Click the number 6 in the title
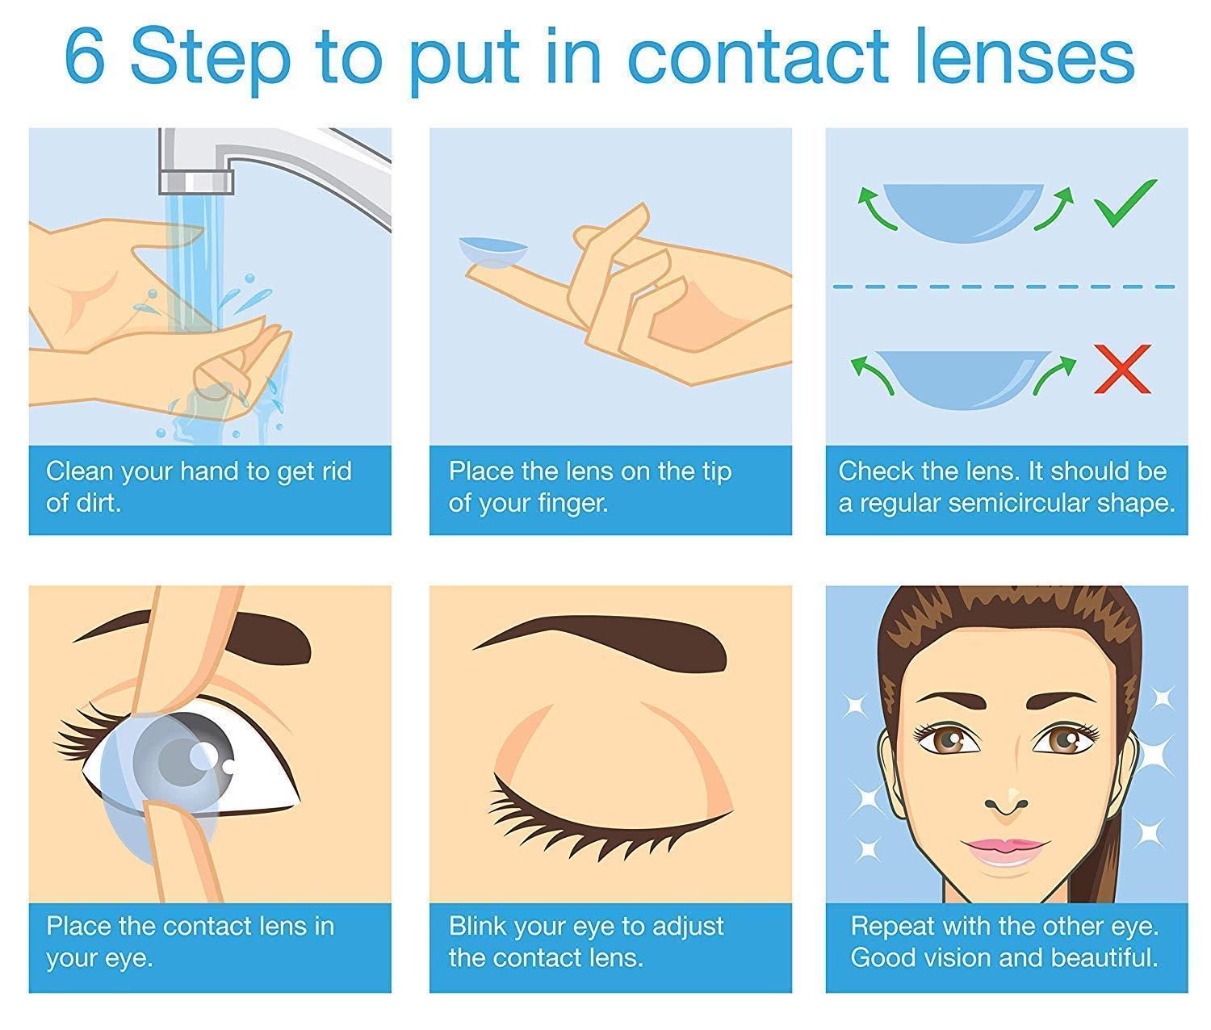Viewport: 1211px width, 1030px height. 85,58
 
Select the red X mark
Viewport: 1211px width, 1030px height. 1122,369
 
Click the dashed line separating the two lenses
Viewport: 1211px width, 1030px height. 1001,287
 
